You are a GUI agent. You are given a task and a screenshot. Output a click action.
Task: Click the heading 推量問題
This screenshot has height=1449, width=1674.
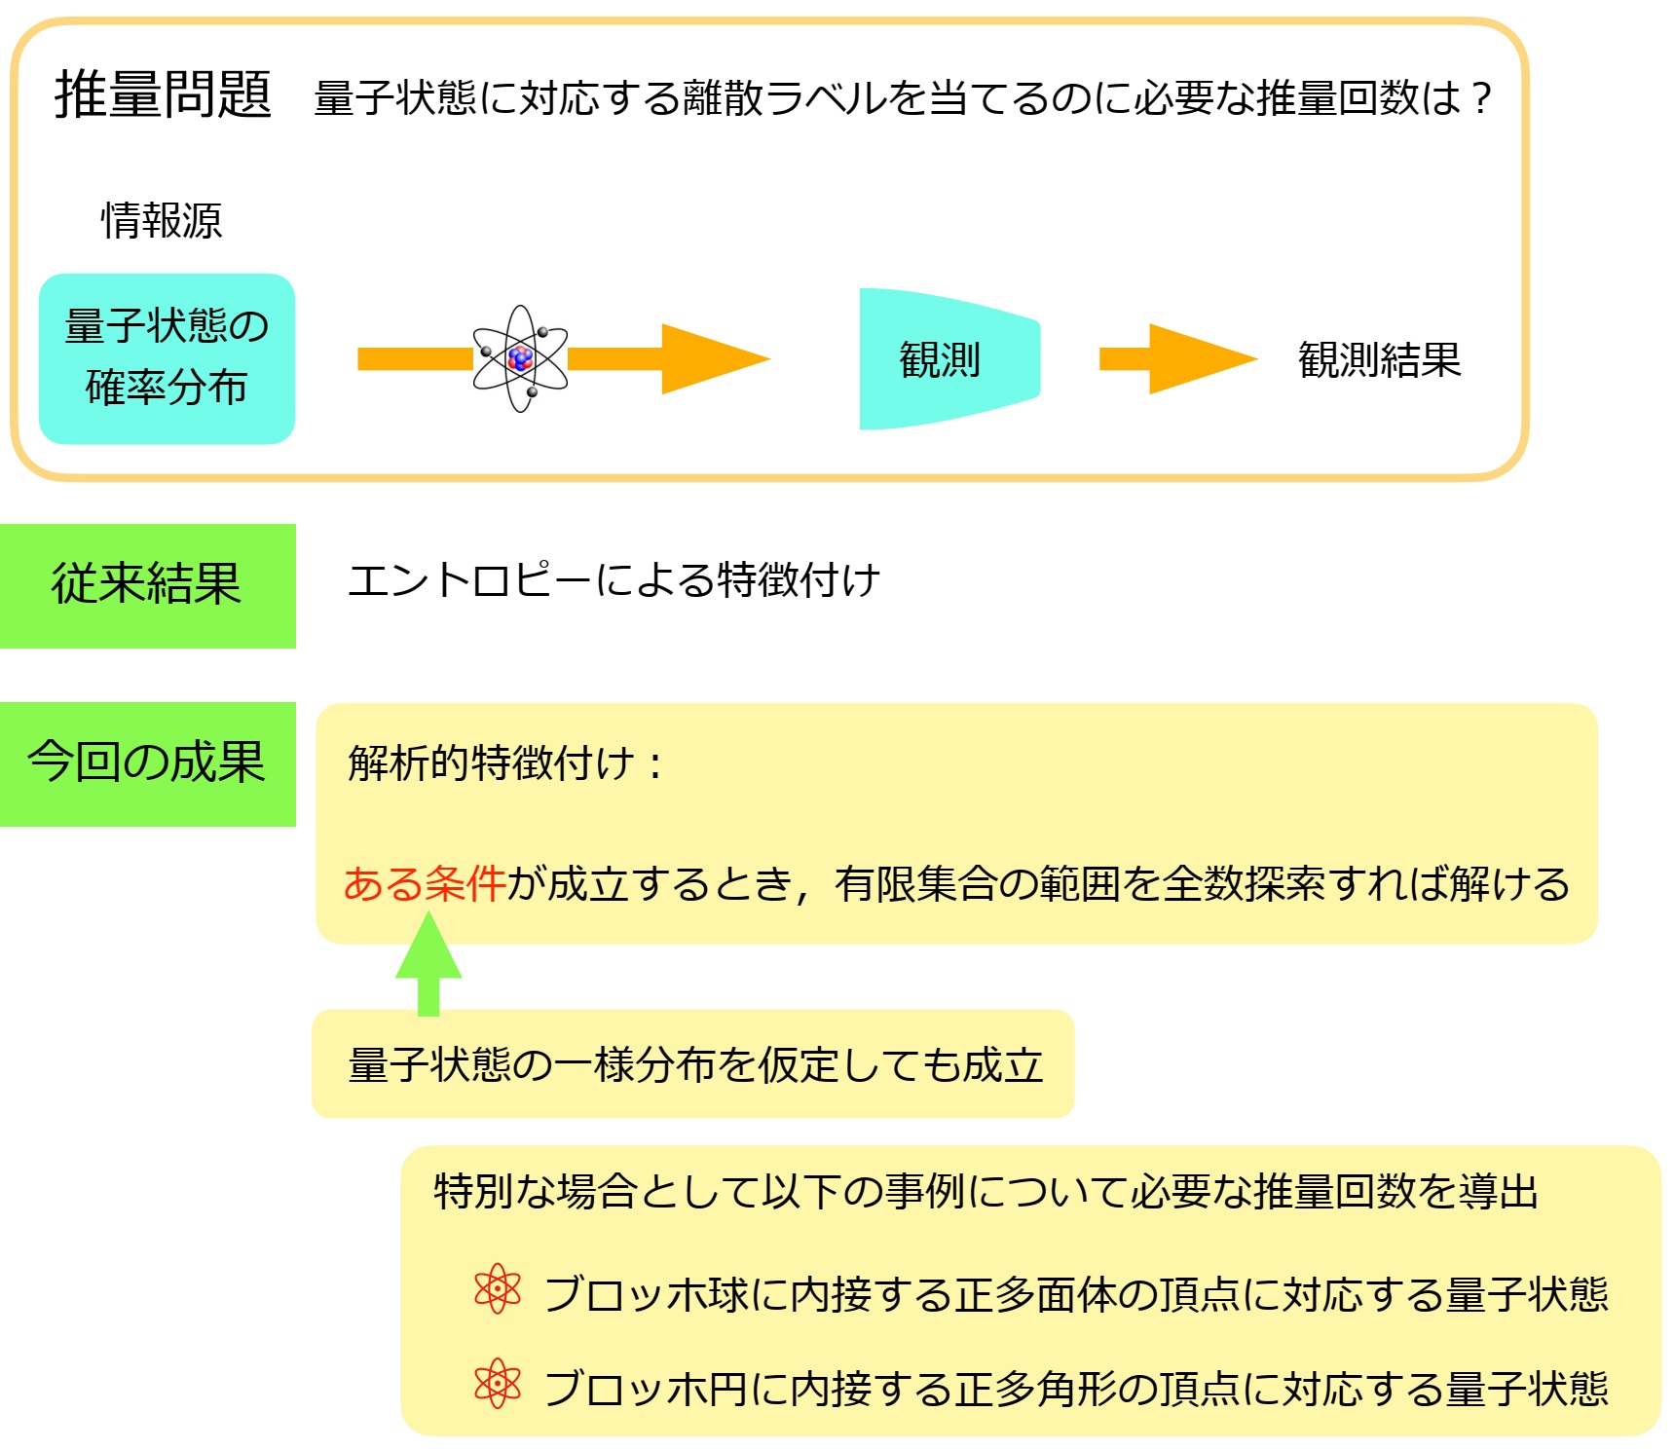tap(163, 95)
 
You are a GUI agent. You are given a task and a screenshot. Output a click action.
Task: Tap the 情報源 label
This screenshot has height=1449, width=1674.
tap(162, 220)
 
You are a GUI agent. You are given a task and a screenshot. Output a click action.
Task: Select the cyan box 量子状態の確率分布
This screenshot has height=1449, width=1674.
tap(167, 358)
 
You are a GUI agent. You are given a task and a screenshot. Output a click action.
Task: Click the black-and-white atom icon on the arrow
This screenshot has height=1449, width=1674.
tap(520, 358)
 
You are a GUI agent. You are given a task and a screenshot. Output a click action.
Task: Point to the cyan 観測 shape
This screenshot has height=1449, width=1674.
tap(949, 358)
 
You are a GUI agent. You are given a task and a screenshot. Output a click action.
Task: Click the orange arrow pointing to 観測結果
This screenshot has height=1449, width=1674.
tap(1178, 359)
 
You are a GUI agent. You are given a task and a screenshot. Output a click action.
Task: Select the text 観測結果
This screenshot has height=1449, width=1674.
tap(1379, 360)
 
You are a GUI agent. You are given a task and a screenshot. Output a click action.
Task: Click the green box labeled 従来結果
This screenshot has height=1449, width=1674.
tap(148, 586)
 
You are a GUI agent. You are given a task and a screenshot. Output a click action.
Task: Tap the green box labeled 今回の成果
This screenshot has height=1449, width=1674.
tap(148, 764)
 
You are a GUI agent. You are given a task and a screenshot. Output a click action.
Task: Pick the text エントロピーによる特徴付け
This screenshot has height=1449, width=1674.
tap(614, 580)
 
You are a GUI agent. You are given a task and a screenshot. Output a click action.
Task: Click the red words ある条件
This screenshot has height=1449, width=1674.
tap(425, 883)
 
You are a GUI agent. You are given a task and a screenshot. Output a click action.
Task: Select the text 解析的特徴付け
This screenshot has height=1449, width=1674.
tap(491, 762)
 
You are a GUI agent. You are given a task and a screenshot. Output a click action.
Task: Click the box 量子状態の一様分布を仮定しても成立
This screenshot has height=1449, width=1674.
tap(692, 1063)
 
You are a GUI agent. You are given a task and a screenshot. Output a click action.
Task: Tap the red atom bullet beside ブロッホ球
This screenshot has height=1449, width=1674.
tap(498, 1290)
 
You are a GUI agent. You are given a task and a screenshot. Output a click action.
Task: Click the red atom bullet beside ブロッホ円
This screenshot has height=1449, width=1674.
tap(498, 1384)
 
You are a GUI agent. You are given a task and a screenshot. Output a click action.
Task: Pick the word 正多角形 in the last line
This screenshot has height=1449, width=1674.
tap(1035, 1388)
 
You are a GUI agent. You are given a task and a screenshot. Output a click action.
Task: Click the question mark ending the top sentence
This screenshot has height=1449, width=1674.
tap(1481, 97)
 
